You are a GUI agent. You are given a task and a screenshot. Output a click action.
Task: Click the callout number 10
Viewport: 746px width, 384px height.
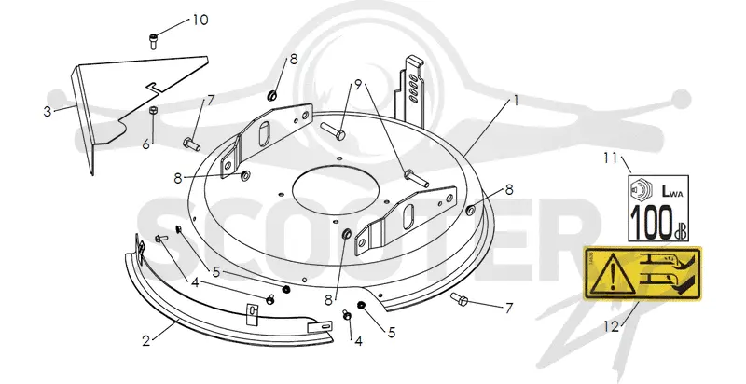click(200, 20)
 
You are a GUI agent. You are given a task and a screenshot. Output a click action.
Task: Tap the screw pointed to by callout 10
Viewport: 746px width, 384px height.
click(154, 41)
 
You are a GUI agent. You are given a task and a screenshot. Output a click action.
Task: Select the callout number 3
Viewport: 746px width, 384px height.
click(48, 112)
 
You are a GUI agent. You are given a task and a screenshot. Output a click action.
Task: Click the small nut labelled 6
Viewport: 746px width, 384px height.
click(153, 110)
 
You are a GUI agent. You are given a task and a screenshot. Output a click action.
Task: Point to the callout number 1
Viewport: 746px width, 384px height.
click(515, 101)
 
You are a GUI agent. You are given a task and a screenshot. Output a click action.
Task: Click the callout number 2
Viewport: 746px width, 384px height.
click(146, 341)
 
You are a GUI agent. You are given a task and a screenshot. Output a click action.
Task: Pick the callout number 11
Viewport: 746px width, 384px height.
click(610, 158)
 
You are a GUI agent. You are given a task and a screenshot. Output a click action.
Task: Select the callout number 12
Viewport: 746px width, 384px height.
click(612, 326)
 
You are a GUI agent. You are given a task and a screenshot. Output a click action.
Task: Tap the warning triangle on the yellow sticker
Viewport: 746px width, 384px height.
click(614, 274)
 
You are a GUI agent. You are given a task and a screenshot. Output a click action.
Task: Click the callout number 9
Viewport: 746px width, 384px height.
click(358, 85)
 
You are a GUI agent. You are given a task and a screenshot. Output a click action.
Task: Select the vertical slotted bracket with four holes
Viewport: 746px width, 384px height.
click(411, 91)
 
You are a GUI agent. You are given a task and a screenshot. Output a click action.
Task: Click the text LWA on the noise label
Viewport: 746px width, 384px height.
click(672, 191)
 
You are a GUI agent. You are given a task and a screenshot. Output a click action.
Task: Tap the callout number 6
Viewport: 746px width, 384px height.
click(146, 144)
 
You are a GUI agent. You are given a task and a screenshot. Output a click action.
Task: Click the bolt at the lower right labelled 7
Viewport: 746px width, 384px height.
click(460, 299)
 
